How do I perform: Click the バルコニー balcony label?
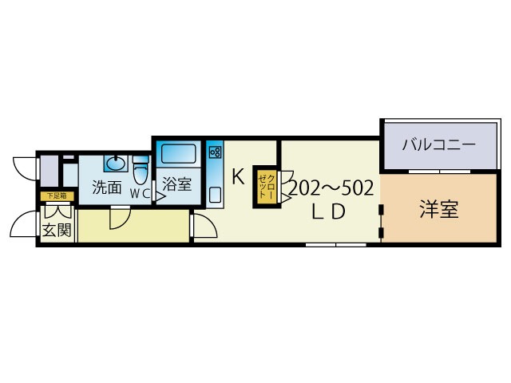(438, 145)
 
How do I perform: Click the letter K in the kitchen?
(238, 177)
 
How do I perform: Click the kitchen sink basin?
(214, 194)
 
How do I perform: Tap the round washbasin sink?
(116, 163)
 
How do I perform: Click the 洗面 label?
(106, 189)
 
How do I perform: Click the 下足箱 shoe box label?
(56, 195)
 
